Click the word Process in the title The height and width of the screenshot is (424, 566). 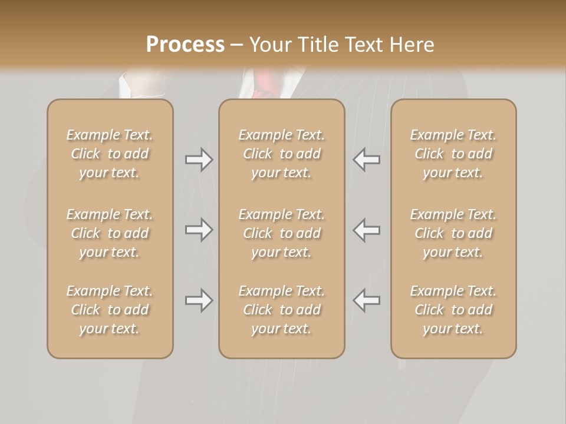click(185, 45)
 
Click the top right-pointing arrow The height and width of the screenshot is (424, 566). click(199, 160)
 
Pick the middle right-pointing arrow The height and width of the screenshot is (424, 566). click(199, 230)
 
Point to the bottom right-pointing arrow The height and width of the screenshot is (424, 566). click(199, 300)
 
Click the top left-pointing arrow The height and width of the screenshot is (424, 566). click(366, 160)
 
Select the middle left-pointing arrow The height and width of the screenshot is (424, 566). click(366, 230)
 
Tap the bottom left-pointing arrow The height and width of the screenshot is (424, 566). click(366, 300)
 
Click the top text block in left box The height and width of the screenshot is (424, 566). click(110, 154)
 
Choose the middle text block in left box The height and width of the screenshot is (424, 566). click(110, 233)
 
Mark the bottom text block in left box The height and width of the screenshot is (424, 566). click(110, 310)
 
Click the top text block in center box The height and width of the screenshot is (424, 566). click(281, 154)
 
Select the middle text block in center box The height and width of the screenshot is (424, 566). click(281, 233)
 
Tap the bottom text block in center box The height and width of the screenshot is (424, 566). click(281, 310)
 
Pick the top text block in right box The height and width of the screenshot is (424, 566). click(453, 154)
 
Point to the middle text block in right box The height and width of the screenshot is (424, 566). click(453, 233)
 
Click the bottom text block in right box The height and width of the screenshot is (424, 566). click(453, 310)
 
